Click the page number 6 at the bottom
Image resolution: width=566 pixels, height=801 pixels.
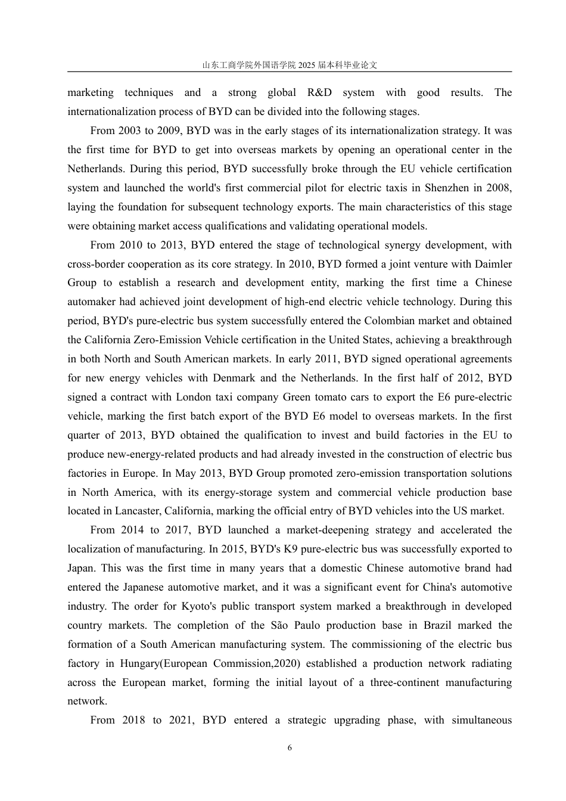tap(290, 748)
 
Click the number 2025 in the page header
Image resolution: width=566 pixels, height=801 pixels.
tap(309, 65)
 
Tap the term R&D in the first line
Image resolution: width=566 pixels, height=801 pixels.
tap(319, 92)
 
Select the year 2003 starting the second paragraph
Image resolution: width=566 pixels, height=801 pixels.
tap(130, 131)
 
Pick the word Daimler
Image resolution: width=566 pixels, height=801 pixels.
tap(493, 264)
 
